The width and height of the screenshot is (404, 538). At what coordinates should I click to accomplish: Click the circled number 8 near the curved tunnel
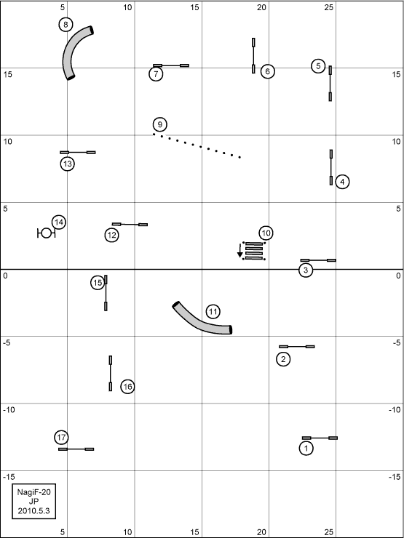pyautogui.click(x=66, y=25)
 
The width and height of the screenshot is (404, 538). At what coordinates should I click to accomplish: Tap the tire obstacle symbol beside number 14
pyautogui.click(x=47, y=233)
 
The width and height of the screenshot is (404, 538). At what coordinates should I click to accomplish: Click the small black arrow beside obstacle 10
pyautogui.click(x=239, y=250)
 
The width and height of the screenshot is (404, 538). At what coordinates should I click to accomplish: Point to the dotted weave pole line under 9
pyautogui.click(x=197, y=145)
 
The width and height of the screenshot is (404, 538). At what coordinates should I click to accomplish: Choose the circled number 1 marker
pyautogui.click(x=306, y=448)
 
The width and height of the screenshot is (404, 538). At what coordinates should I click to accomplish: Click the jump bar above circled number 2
pyautogui.click(x=297, y=347)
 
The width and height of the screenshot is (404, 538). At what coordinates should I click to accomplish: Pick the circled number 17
pyautogui.click(x=61, y=438)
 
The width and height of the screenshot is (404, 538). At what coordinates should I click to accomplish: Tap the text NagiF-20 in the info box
pyautogui.click(x=34, y=492)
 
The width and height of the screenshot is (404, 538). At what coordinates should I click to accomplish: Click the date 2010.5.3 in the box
pyautogui.click(x=34, y=510)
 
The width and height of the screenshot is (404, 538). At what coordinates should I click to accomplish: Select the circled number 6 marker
pyautogui.click(x=268, y=71)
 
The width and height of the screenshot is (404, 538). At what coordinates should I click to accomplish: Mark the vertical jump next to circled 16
pyautogui.click(x=111, y=373)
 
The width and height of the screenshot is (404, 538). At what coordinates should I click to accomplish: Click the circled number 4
pyautogui.click(x=342, y=182)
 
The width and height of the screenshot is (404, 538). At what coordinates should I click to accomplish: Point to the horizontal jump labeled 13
pyautogui.click(x=78, y=153)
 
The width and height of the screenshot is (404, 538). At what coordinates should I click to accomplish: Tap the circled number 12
pyautogui.click(x=111, y=236)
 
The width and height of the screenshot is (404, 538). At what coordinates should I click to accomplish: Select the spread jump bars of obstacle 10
pyautogui.click(x=254, y=251)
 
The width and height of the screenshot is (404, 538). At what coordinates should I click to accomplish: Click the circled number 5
pyautogui.click(x=318, y=66)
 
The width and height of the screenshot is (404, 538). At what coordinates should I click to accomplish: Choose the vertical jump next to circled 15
pyautogui.click(x=106, y=293)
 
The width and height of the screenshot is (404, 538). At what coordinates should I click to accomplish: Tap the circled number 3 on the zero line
pyautogui.click(x=306, y=270)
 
